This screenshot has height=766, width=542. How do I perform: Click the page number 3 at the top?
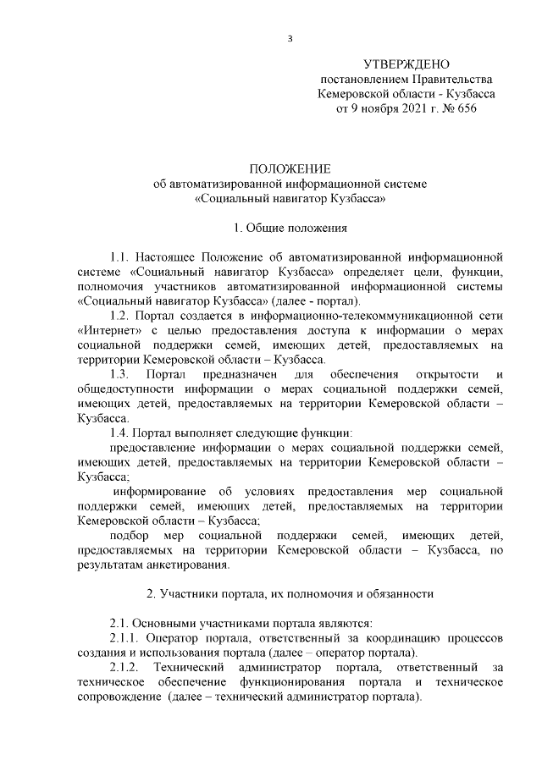click(x=290, y=38)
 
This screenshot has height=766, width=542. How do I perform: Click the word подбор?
click(x=129, y=536)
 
